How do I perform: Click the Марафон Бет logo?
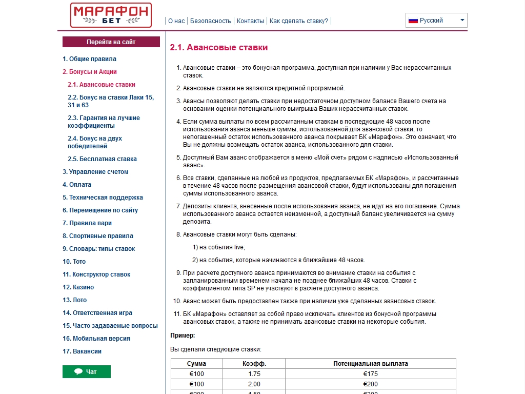[x=111, y=15]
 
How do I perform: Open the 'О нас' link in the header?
[x=176, y=21]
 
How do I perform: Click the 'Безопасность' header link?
[x=210, y=21]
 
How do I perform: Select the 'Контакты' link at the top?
[x=250, y=21]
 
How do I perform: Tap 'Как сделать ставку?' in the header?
[x=298, y=21]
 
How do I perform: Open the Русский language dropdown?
[x=436, y=21]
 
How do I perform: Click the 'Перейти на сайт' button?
[x=111, y=42]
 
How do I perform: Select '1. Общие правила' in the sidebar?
[x=89, y=59]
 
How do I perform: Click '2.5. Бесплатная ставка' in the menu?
[x=102, y=159]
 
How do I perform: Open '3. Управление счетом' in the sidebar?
[x=95, y=172]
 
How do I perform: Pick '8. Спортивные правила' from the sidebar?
[x=97, y=236]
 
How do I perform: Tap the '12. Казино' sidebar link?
[x=78, y=287]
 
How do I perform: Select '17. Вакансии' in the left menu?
[x=82, y=351]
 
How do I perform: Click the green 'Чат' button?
[x=87, y=371]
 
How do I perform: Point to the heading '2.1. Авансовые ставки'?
[x=219, y=48]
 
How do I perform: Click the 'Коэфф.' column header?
[x=254, y=364]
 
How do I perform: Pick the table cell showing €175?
[x=370, y=374]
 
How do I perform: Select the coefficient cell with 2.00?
[x=254, y=384]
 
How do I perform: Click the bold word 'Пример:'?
[x=183, y=336]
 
